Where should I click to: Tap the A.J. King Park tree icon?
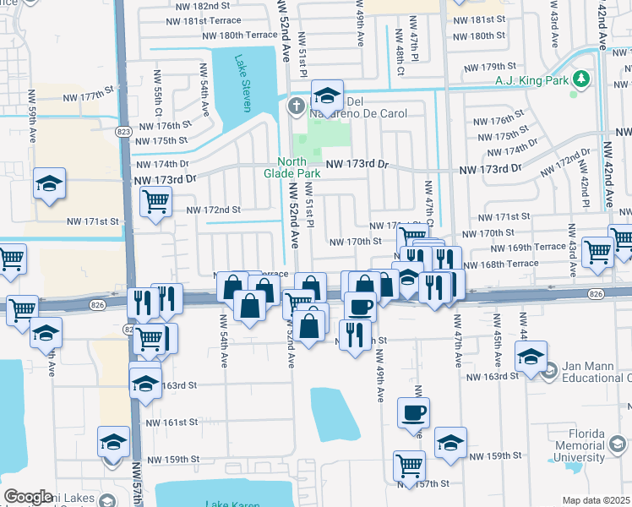[580, 79]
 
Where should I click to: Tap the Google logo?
[28, 497]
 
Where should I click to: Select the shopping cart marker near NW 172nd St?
[156, 202]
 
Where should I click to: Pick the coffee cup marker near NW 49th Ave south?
[413, 413]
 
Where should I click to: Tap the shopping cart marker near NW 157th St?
[409, 466]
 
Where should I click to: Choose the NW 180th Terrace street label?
[239, 35]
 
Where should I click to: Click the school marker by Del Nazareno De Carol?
[326, 94]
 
